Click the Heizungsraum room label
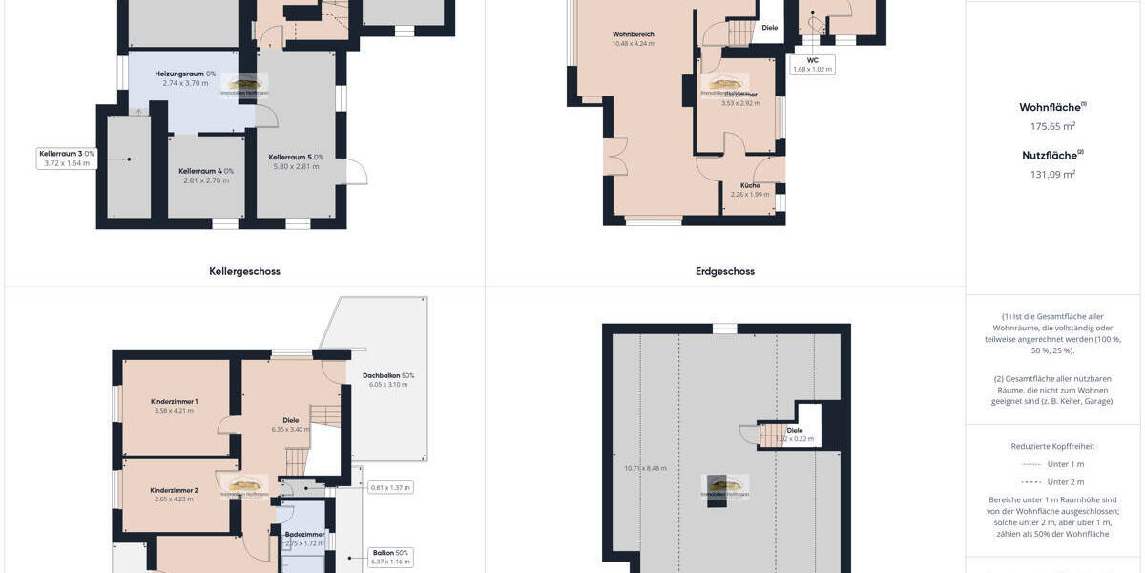[185, 74]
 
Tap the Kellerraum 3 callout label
[67, 158]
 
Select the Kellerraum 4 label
[206, 171]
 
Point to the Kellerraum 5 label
[296, 157]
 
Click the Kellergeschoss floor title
[244, 271]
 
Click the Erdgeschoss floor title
[725, 271]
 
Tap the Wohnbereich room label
[634, 34]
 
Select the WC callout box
[813, 64]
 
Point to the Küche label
[750, 185]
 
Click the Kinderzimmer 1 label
[174, 401]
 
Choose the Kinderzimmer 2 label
[174, 490]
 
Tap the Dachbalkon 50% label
[388, 375]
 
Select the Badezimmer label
[305, 535]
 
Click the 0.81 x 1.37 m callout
[390, 487]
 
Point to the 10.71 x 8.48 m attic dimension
[645, 468]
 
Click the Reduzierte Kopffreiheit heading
[1052, 446]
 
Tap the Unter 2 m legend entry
[1065, 481]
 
